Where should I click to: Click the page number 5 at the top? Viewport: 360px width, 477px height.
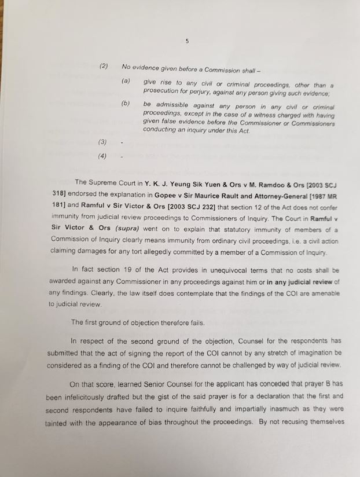coord(187,41)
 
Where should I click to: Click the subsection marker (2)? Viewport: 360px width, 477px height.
coord(104,66)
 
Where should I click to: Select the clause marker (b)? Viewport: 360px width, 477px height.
coord(126,103)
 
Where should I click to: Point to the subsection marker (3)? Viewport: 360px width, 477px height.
coord(102,141)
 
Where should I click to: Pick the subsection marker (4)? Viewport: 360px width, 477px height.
coord(102,156)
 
